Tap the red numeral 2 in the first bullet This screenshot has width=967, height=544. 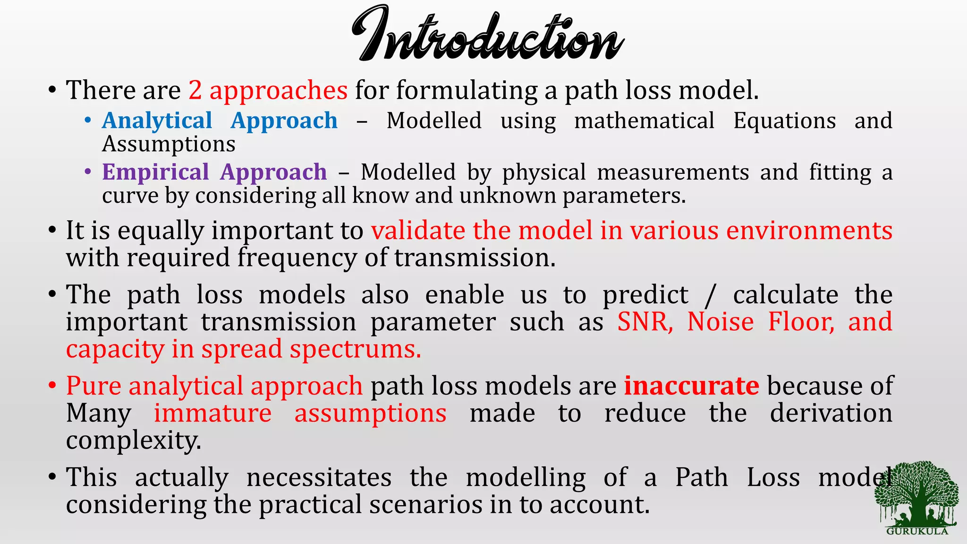[195, 90]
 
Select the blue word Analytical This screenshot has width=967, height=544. [157, 121]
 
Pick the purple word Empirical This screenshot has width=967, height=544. [155, 172]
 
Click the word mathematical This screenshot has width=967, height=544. [644, 121]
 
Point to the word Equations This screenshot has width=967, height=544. [784, 121]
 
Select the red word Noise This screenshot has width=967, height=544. [721, 322]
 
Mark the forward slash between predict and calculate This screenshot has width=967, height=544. [710, 296]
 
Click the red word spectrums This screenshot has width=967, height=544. [355, 349]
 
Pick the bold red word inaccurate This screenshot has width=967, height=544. [691, 386]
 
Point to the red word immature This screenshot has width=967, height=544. [212, 414]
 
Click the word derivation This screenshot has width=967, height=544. [831, 414]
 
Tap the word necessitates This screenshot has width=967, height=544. [319, 477]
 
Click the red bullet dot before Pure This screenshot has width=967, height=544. [52, 386]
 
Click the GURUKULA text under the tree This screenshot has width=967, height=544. [917, 531]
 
